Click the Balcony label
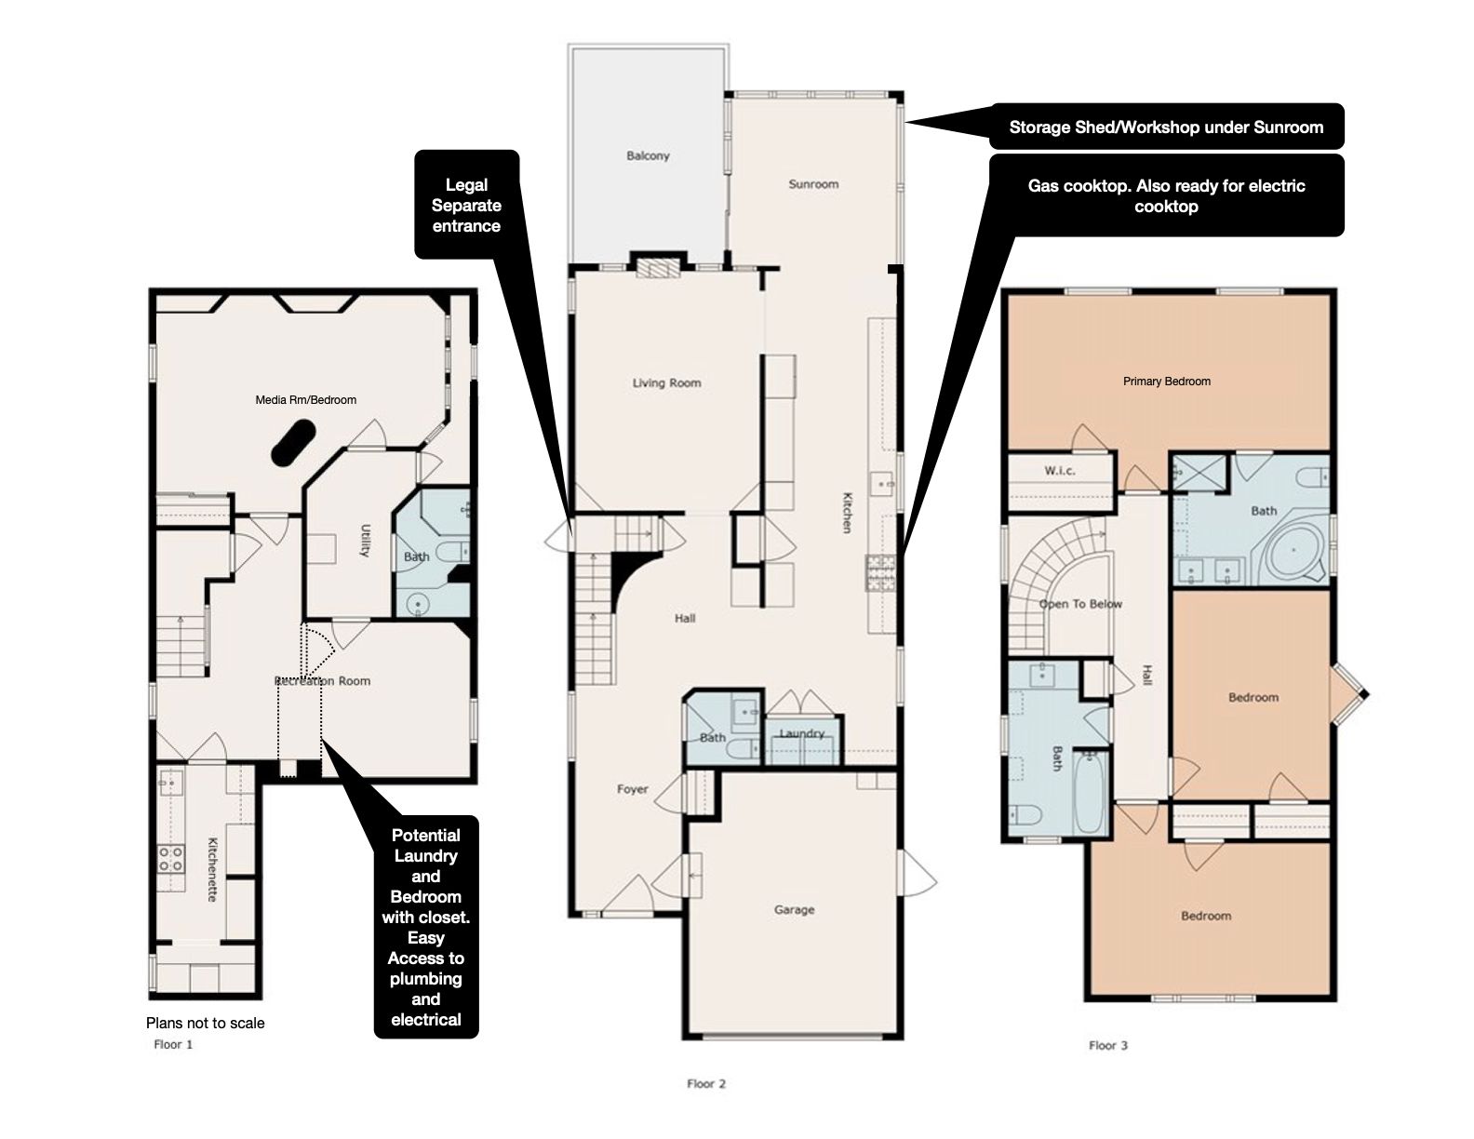648,156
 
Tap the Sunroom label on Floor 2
813,184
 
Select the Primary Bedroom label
1167,382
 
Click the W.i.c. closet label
1060,470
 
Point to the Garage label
795,910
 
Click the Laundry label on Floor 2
802,733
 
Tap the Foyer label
632,789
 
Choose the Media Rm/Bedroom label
306,400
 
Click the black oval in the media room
294,442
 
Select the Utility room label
365,541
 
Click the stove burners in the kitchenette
170,859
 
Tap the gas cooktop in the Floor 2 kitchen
880,572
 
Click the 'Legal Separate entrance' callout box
467,205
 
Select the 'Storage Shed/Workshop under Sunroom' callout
1166,127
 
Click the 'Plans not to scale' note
206,1023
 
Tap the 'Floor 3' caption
1108,1045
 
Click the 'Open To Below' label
1080,604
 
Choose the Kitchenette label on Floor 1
212,870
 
